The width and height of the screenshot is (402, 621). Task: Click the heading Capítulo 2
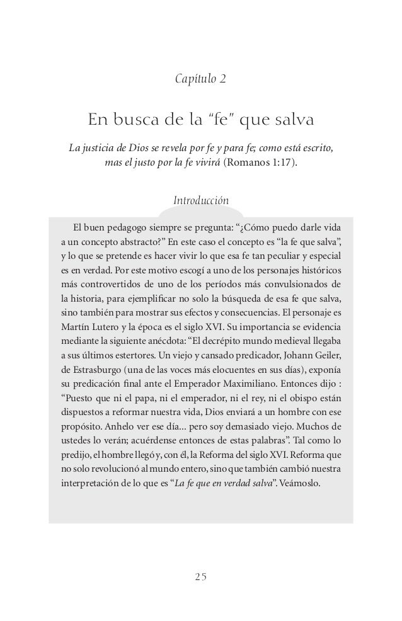click(x=200, y=80)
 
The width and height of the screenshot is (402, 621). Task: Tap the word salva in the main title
click(x=287, y=120)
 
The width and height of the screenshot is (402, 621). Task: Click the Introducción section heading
click(x=200, y=201)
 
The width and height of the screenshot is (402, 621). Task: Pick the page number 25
click(x=201, y=576)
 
